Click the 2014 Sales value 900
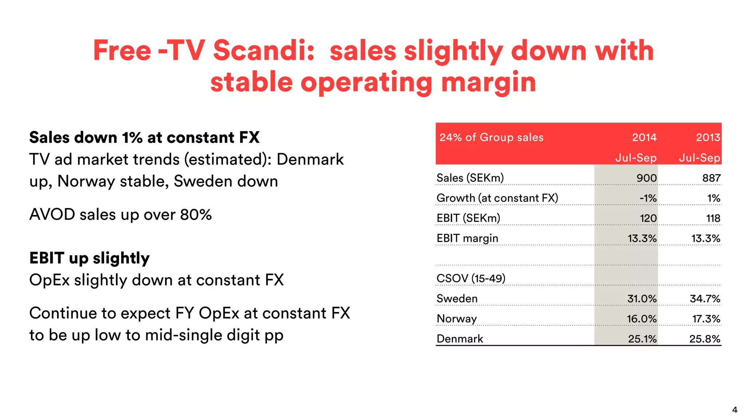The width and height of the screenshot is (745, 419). pos(646,178)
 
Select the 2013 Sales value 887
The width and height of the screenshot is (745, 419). pos(711,178)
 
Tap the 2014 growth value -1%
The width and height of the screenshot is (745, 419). pos(648,198)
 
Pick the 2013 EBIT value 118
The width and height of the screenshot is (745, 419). pos(713,218)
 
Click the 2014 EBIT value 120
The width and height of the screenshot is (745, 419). pos(648,218)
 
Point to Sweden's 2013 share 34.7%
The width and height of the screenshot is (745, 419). pos(705,299)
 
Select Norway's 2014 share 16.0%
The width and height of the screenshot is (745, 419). pos(641,319)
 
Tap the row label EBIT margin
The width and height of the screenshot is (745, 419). pos(467,239)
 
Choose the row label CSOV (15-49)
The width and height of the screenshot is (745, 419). pos(471,279)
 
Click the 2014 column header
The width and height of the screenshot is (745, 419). pos(644,137)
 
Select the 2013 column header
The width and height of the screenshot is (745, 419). pos(708,137)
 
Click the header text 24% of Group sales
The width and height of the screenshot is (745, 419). pos(491,137)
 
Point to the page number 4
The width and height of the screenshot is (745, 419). pos(734,410)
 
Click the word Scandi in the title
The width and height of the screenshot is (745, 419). pos(263,51)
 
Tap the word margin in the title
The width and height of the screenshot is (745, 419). pos(488,82)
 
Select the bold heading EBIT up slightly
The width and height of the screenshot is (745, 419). pos(89,258)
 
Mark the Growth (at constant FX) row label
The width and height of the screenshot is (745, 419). pos(497,198)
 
